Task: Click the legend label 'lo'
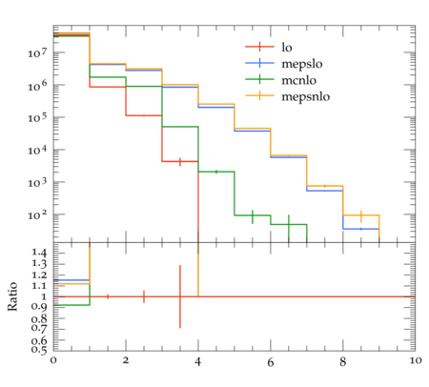pos(287,48)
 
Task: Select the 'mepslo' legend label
pos(302,64)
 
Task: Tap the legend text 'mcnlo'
pos(298,80)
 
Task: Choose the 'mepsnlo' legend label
pos(305,96)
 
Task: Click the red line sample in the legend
pos(259,47)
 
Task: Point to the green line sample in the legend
pos(259,79)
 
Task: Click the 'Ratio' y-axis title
pos(12,296)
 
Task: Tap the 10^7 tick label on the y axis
pos(37,52)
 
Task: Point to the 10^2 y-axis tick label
pos(37,214)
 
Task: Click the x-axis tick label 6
pos(271,362)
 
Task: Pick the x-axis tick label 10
pos(415,361)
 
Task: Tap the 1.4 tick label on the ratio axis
pos(39,254)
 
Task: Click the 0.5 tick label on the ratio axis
pos(39,350)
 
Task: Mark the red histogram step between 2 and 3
pos(144,115)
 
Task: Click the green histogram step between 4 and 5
pos(216,172)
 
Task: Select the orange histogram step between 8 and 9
pos(361,215)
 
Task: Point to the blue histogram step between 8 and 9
pos(361,229)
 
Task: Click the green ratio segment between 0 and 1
pos(71,305)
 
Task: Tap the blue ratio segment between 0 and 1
pos(71,280)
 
